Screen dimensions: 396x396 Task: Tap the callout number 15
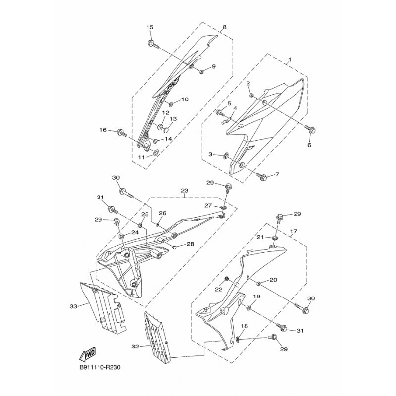[x=150, y=27]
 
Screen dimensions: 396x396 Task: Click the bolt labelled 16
[x=121, y=132]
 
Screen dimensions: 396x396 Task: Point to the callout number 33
[x=73, y=306]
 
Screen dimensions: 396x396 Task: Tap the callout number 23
[x=185, y=191]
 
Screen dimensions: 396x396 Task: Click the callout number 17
[x=294, y=231]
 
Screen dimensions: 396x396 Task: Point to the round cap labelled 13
[x=166, y=130]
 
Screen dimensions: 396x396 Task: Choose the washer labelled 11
[x=155, y=152]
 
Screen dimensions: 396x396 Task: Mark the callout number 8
[x=225, y=27]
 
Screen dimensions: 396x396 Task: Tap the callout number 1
[x=290, y=60]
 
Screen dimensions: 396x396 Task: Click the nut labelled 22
[x=227, y=279]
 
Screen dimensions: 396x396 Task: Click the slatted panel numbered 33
[x=102, y=306]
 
